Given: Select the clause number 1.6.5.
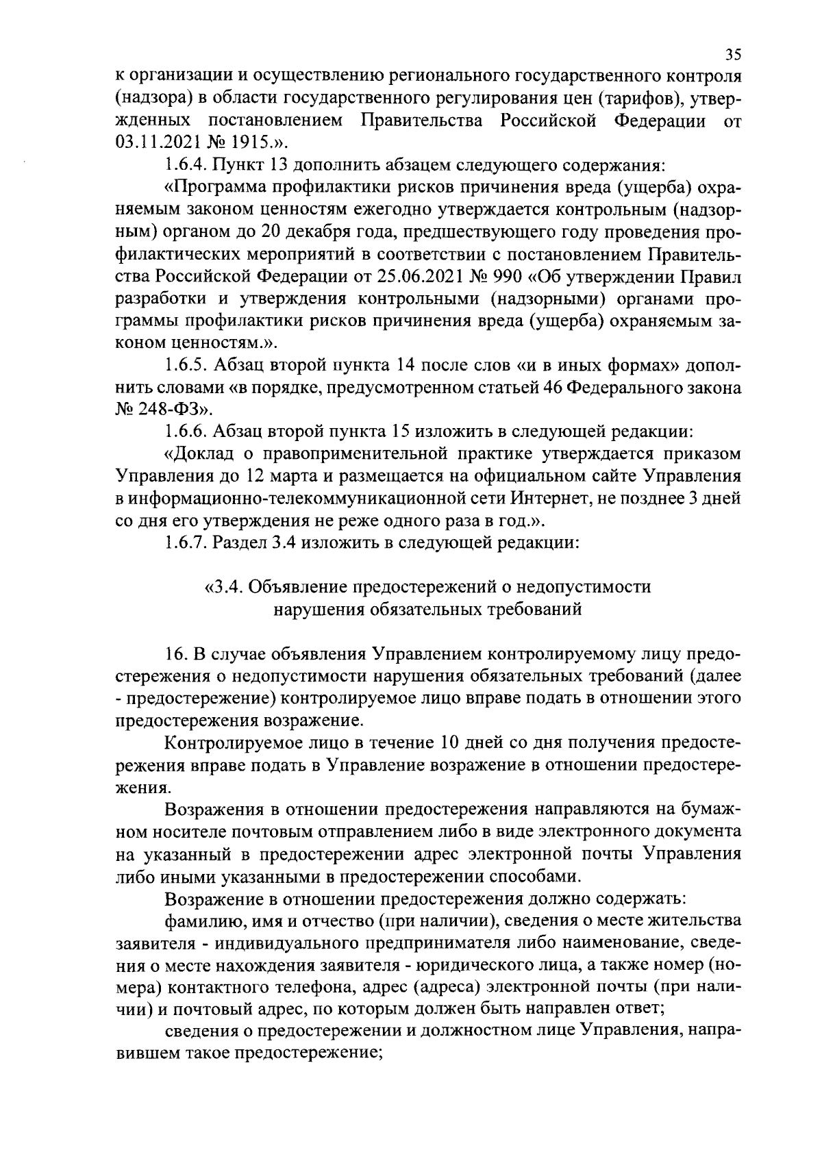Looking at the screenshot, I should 186,366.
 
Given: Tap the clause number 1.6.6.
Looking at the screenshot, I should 186,432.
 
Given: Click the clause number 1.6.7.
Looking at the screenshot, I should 186,544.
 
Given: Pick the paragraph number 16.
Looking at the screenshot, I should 176,653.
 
